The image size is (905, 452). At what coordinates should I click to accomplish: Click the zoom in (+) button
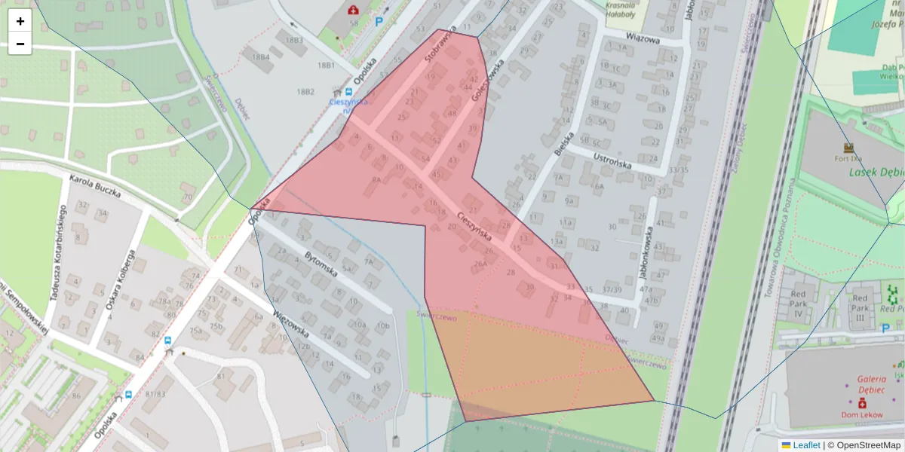click(x=20, y=21)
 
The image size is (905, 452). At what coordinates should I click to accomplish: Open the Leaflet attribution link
click(x=805, y=445)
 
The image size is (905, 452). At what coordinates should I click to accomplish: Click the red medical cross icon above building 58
click(x=353, y=10)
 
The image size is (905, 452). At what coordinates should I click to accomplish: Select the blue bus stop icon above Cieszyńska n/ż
click(x=348, y=91)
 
